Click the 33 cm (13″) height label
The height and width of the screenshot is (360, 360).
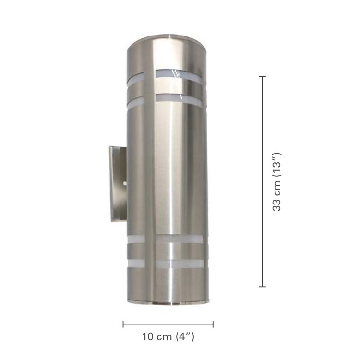point(276,181)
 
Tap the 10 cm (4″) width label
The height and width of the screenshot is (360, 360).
point(168,337)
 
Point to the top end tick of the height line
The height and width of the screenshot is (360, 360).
point(263,76)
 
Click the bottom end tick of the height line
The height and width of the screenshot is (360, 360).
point(263,287)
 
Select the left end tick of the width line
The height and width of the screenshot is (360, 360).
point(123,324)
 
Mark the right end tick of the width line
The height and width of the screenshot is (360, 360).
point(213,324)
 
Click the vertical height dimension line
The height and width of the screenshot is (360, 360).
point(263,181)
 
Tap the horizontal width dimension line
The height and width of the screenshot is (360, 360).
point(168,324)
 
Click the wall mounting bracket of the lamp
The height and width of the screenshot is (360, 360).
point(118,184)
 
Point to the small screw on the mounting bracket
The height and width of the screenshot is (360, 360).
point(125,184)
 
